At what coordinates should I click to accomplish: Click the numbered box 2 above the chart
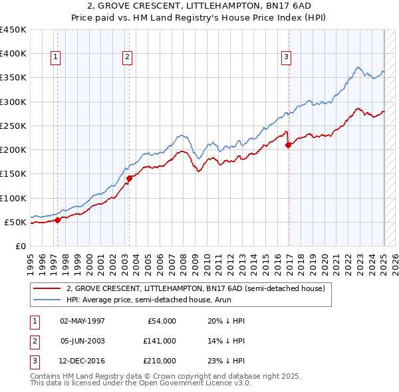pos(126,58)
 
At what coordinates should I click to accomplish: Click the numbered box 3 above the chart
pos(286,58)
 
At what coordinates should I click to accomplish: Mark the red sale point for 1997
pos(57,220)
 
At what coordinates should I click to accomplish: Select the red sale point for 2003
pos(130,177)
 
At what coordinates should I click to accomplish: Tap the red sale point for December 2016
pos(288,145)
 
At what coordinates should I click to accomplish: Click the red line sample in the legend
pos(46,288)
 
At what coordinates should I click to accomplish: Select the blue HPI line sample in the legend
pos(46,300)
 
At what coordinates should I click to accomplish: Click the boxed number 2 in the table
pos(33,341)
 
